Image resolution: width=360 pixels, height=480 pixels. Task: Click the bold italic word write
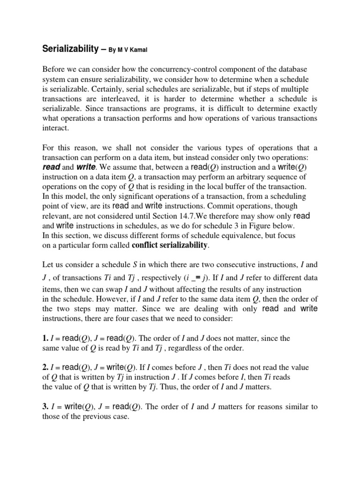click(x=86, y=167)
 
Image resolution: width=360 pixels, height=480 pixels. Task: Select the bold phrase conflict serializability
click(x=170, y=245)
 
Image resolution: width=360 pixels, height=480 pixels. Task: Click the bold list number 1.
click(x=45, y=338)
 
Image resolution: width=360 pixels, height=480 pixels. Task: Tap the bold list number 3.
click(x=45, y=407)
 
